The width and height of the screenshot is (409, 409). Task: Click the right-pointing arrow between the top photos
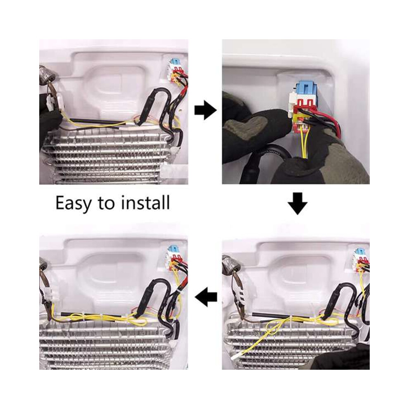point(205,110)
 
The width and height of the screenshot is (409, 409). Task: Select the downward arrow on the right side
point(297,204)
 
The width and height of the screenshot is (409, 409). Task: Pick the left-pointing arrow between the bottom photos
point(206,297)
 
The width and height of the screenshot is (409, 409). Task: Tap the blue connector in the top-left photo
point(174,63)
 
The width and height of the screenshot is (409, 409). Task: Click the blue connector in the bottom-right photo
point(360,253)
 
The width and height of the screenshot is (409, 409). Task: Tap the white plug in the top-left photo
point(51,101)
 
